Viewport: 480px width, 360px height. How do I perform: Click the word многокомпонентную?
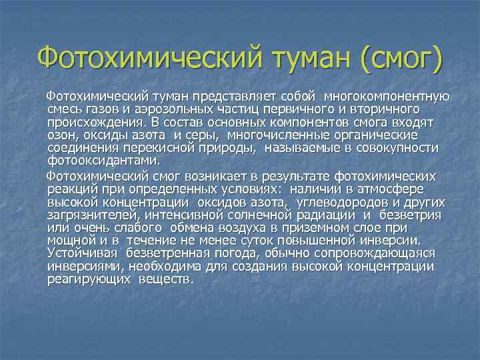(387, 97)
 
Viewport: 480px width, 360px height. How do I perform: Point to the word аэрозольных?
(180, 110)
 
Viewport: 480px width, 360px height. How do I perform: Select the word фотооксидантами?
(104, 160)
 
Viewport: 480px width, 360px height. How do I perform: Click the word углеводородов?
(351, 202)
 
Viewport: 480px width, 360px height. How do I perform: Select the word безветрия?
(411, 215)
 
